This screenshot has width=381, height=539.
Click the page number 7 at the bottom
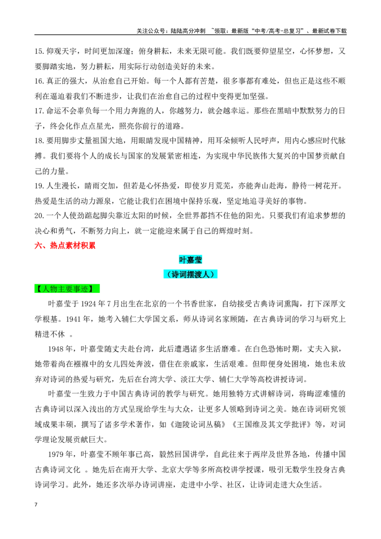[36, 505]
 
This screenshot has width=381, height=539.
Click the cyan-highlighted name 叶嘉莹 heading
[190, 260]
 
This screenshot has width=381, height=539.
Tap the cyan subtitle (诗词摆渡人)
[190, 274]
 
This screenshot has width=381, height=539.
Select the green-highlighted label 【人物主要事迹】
[67, 289]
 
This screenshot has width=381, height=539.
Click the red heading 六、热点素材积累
[65, 245]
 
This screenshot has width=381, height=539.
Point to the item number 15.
[39, 51]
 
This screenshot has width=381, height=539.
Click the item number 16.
[39, 81]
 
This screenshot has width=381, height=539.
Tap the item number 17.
[39, 111]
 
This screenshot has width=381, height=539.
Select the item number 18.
[39, 141]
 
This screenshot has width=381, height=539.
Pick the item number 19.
[39, 186]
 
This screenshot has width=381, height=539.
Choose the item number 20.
[39, 216]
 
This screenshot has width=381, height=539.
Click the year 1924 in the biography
[89, 304]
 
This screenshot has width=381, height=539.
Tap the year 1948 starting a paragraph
[56, 349]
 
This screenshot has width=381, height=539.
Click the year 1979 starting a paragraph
[56, 455]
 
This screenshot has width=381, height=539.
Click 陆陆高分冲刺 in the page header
[188, 31]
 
